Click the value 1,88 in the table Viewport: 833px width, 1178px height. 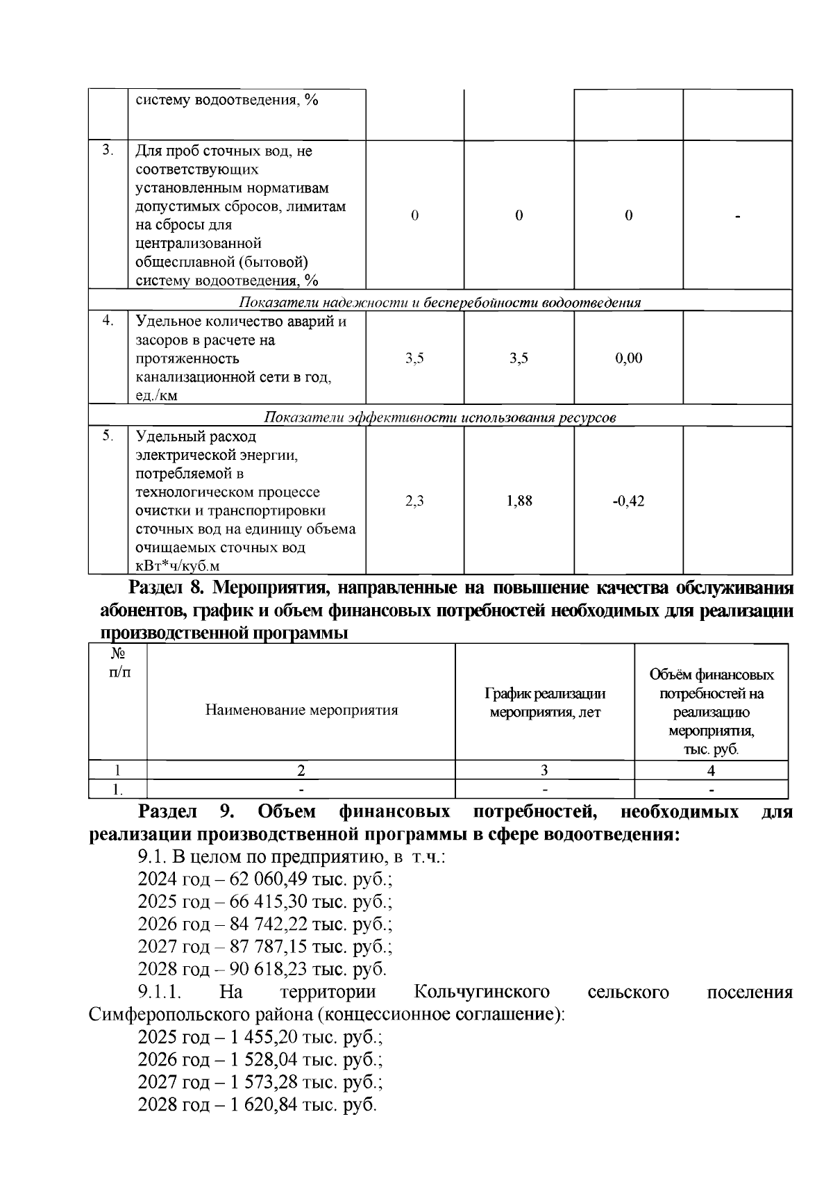point(519,501)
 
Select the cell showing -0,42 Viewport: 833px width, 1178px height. point(628,501)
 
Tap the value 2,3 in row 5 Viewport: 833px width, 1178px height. point(414,501)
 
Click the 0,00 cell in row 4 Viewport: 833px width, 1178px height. point(628,358)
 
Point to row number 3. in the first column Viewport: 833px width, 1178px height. point(108,150)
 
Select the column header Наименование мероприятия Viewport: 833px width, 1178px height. point(301,710)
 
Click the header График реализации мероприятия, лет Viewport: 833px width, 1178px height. point(545,703)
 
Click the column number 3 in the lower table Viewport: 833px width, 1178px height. point(545,770)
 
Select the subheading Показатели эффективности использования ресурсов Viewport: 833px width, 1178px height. point(440,417)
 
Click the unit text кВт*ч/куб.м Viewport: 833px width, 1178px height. point(177,566)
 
